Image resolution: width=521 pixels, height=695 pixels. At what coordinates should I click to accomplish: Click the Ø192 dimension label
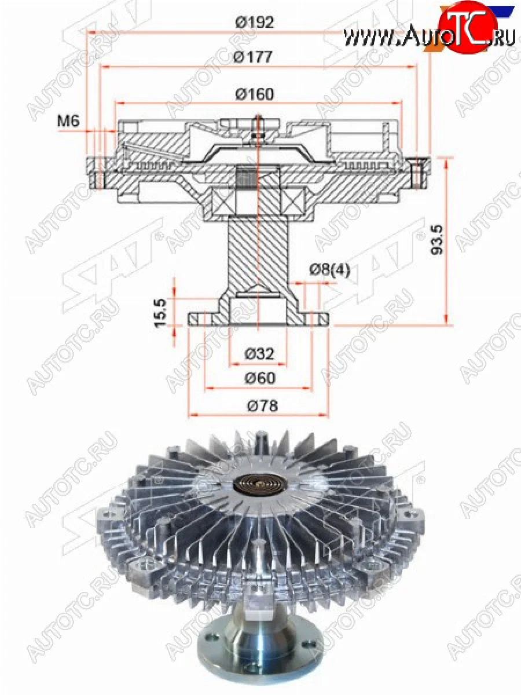(x=255, y=22)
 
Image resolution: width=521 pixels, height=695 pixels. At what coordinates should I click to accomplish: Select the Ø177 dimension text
(x=255, y=57)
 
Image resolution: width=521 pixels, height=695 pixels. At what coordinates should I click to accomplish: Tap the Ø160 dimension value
(x=255, y=94)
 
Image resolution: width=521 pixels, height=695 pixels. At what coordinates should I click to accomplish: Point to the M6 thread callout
(x=68, y=120)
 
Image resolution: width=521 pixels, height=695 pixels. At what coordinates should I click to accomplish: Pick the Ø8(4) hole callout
(x=330, y=269)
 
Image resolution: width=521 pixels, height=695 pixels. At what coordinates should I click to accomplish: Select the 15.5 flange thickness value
(x=161, y=313)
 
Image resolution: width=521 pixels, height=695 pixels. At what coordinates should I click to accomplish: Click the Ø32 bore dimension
(x=259, y=353)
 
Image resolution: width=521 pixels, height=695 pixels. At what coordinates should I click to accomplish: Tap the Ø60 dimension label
(x=259, y=378)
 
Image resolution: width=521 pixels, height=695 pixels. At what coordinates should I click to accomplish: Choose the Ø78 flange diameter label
(x=259, y=405)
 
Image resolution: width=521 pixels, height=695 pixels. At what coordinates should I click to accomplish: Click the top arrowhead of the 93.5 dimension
(x=446, y=163)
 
